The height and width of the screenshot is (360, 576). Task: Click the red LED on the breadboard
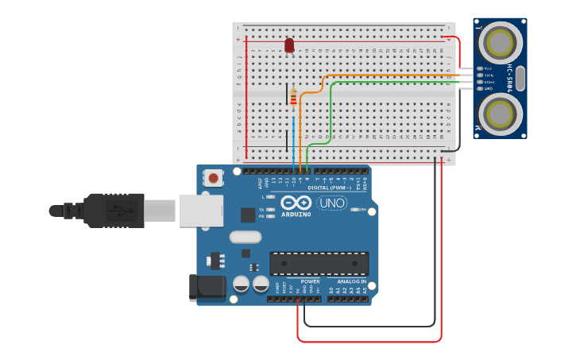pyautogui.click(x=289, y=45)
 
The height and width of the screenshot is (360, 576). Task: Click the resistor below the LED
pyautogui.click(x=293, y=99)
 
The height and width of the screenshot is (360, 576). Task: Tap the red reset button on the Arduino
pyautogui.click(x=213, y=178)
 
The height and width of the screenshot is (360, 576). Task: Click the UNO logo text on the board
pyautogui.click(x=331, y=203)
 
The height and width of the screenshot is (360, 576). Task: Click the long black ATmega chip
pyautogui.click(x=319, y=263)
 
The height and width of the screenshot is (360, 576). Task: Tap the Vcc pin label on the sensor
pyautogui.click(x=489, y=68)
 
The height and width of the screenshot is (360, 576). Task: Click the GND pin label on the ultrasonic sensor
pyautogui.click(x=489, y=88)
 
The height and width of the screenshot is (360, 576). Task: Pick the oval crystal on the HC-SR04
pyautogui.click(x=520, y=78)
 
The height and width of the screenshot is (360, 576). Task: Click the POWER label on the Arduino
pyautogui.click(x=310, y=281)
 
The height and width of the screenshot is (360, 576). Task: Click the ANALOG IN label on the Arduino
pyautogui.click(x=352, y=281)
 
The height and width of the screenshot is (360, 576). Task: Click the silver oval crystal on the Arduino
pyautogui.click(x=245, y=236)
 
